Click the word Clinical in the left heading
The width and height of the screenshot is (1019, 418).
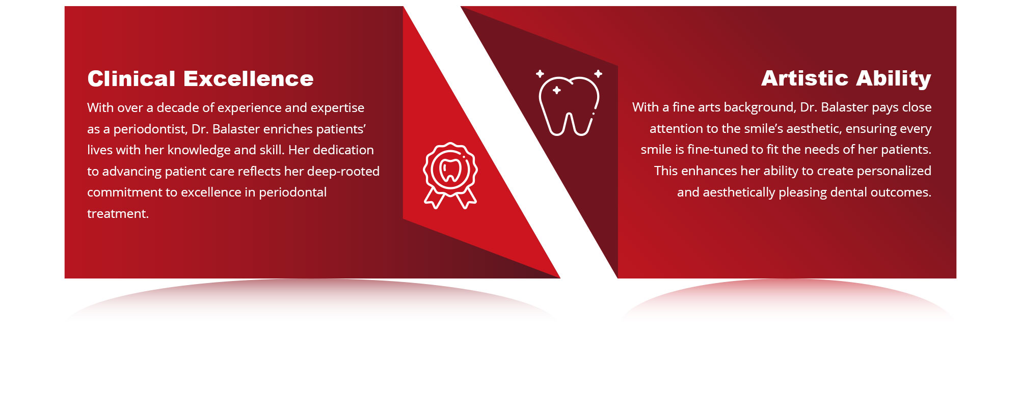click(131, 79)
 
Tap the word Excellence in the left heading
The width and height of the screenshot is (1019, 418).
click(248, 79)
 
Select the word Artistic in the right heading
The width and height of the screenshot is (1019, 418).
click(805, 78)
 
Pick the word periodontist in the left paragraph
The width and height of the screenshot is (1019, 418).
click(150, 129)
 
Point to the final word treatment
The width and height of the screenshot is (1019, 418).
click(118, 214)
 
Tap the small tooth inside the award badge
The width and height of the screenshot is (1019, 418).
click(450, 171)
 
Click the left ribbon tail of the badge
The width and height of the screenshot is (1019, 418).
click(434, 198)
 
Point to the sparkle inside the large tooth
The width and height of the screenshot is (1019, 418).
click(557, 90)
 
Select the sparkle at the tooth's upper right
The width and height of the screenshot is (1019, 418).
click(598, 74)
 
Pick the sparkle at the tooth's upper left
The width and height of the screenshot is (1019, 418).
click(540, 74)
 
